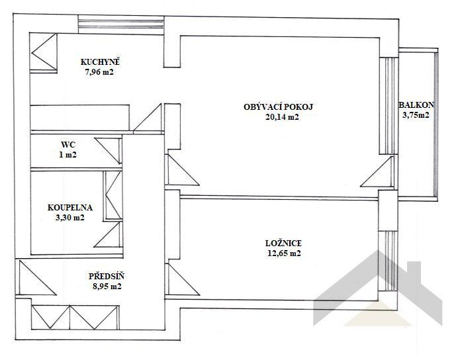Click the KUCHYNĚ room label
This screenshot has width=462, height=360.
[x=100, y=62]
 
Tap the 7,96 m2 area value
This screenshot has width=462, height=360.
[x=99, y=72]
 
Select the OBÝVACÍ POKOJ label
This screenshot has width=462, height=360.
[x=278, y=107]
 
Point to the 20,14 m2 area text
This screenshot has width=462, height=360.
[x=282, y=117]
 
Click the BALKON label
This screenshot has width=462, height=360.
[x=416, y=105]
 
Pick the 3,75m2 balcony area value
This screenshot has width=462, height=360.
[x=416, y=115]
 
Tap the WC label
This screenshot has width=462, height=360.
[x=68, y=145]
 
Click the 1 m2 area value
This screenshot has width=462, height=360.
[x=68, y=155]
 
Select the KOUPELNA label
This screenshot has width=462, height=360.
[x=70, y=207]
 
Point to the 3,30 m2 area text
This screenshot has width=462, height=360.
[x=70, y=218]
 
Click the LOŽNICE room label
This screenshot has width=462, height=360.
[x=283, y=244]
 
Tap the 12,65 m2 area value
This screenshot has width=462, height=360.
[x=284, y=253]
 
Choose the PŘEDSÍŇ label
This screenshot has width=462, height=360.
[x=107, y=276]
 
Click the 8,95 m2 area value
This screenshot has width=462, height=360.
[x=107, y=287]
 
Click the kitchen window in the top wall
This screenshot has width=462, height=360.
[x=121, y=24]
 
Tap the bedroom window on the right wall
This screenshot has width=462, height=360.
[x=388, y=261]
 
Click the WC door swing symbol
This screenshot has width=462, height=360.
[x=108, y=150]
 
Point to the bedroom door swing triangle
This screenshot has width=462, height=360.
[x=183, y=279]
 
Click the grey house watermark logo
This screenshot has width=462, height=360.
[x=377, y=289]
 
